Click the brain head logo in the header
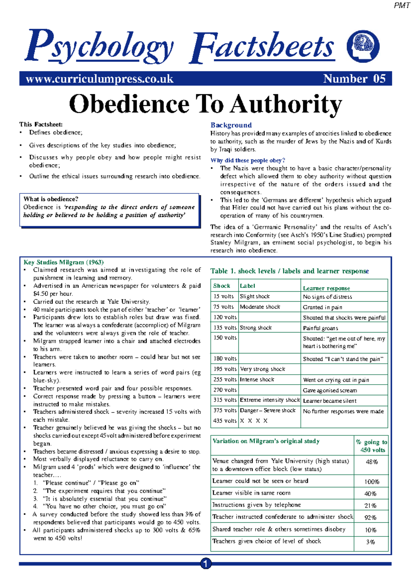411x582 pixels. (x=363, y=46)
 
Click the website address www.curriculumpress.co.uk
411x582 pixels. (x=100, y=79)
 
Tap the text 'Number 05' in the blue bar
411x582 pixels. (x=354, y=79)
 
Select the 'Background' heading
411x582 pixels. (x=231, y=125)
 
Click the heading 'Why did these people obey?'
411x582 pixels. (x=248, y=160)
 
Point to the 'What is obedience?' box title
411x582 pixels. (x=51, y=199)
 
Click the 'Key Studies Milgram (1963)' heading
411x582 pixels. (x=63, y=262)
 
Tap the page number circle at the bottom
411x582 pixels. (x=206, y=563)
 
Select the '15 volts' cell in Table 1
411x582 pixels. (x=224, y=296)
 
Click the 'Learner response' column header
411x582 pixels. (x=326, y=288)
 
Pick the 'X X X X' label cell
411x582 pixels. (x=254, y=421)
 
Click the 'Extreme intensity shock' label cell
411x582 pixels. (x=270, y=400)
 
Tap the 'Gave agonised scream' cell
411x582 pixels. (x=330, y=390)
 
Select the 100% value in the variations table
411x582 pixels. (x=372, y=482)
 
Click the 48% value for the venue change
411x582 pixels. (x=372, y=462)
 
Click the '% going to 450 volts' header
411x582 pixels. (x=372, y=446)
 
